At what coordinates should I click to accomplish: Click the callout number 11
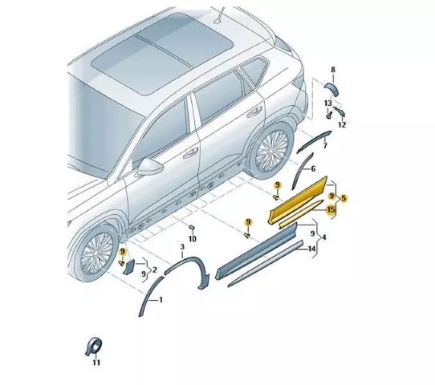[x=96, y=363]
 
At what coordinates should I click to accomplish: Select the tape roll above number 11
[x=94, y=346]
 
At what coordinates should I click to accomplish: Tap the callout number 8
[x=333, y=70]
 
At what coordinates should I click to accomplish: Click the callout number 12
[x=343, y=125]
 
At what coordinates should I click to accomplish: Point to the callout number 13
[x=328, y=103]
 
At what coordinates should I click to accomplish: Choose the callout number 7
[x=325, y=145]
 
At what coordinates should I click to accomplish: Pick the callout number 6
[x=313, y=168]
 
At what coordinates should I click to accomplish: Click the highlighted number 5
[x=344, y=198]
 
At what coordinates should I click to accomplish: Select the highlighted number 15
[x=331, y=209]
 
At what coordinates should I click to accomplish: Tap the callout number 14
[x=312, y=249]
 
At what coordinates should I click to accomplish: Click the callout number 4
[x=323, y=237]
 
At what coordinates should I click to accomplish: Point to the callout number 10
[x=193, y=239]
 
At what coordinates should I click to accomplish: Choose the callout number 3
[x=182, y=247]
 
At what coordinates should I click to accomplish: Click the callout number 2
[x=155, y=269]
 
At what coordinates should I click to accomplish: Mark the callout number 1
[x=161, y=300]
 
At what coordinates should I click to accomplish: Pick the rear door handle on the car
[x=254, y=111]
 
